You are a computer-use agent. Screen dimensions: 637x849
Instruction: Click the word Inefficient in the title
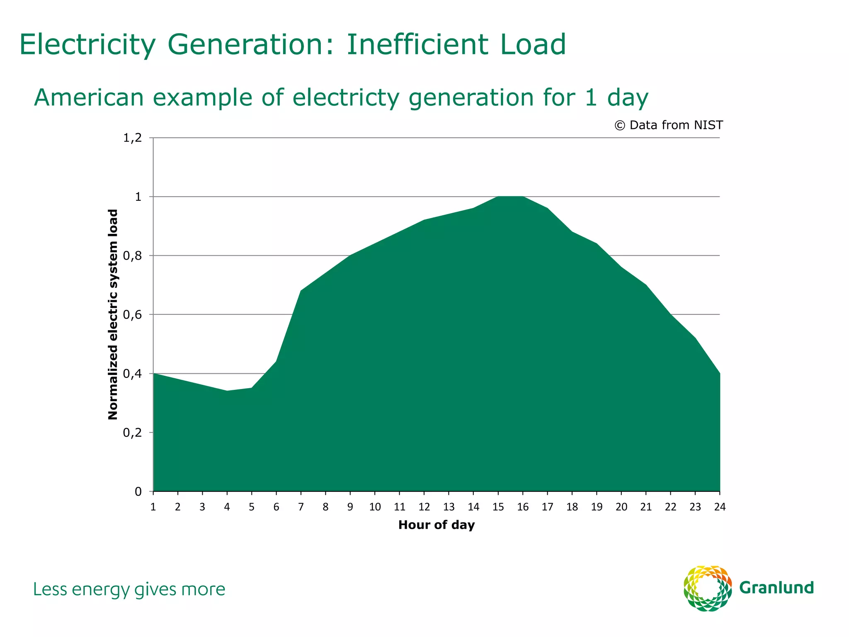click(x=419, y=44)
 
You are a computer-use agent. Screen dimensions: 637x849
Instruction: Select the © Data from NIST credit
click(x=668, y=125)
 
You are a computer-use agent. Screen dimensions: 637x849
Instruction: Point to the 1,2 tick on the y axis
click(x=133, y=138)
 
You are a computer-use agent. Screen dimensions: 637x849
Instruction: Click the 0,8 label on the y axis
click(x=133, y=256)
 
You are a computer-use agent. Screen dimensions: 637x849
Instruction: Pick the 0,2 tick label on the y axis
click(x=133, y=433)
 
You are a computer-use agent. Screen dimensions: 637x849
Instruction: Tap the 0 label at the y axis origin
click(x=138, y=492)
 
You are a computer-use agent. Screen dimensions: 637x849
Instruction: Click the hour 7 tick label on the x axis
click(x=301, y=507)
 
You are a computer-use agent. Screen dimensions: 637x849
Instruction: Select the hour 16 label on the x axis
click(x=523, y=507)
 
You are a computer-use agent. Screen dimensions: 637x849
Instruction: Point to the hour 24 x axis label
click(x=720, y=507)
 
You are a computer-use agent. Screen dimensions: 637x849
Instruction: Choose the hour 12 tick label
click(x=424, y=507)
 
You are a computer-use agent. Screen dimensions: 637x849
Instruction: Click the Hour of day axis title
click(x=436, y=525)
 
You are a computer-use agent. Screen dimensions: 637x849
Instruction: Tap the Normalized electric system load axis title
click(x=113, y=314)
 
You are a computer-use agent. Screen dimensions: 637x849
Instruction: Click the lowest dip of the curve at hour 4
click(x=227, y=391)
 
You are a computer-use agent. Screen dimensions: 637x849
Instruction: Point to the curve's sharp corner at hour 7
click(x=301, y=291)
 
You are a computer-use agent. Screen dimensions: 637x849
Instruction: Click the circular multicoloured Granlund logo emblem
click(x=707, y=588)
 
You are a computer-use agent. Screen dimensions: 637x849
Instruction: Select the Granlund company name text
click(x=776, y=588)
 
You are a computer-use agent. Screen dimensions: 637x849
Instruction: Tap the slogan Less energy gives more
click(x=129, y=590)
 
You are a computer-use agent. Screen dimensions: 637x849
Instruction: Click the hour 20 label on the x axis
click(x=621, y=507)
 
